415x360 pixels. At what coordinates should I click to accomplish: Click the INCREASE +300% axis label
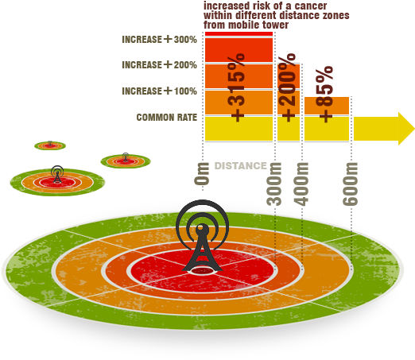point(159,39)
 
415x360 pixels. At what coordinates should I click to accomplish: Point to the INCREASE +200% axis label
point(159,64)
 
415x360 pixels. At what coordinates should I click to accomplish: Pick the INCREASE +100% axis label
point(159,91)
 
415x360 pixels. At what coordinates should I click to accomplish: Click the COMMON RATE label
point(167,118)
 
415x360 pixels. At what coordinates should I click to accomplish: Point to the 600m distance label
point(351,184)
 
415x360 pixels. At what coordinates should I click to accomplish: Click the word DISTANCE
point(240,166)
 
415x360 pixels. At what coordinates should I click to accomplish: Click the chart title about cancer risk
point(275,16)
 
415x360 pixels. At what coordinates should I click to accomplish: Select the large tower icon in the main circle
point(204,238)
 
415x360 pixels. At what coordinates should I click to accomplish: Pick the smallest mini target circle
point(50,145)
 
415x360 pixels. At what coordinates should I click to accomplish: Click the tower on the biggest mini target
point(56,172)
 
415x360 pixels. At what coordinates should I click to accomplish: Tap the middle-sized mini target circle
point(126,161)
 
